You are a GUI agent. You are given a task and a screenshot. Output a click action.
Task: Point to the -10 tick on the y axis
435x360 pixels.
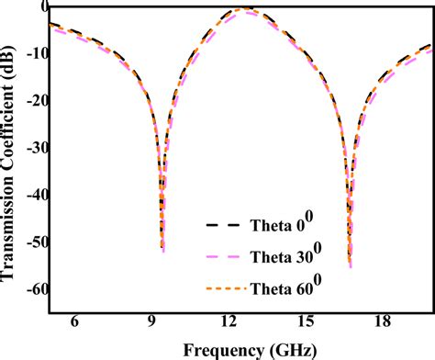coord(29,53)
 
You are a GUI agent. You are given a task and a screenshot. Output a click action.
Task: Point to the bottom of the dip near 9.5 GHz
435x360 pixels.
coord(163,251)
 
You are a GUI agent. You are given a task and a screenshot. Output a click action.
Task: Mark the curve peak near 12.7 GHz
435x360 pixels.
coord(245,8)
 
